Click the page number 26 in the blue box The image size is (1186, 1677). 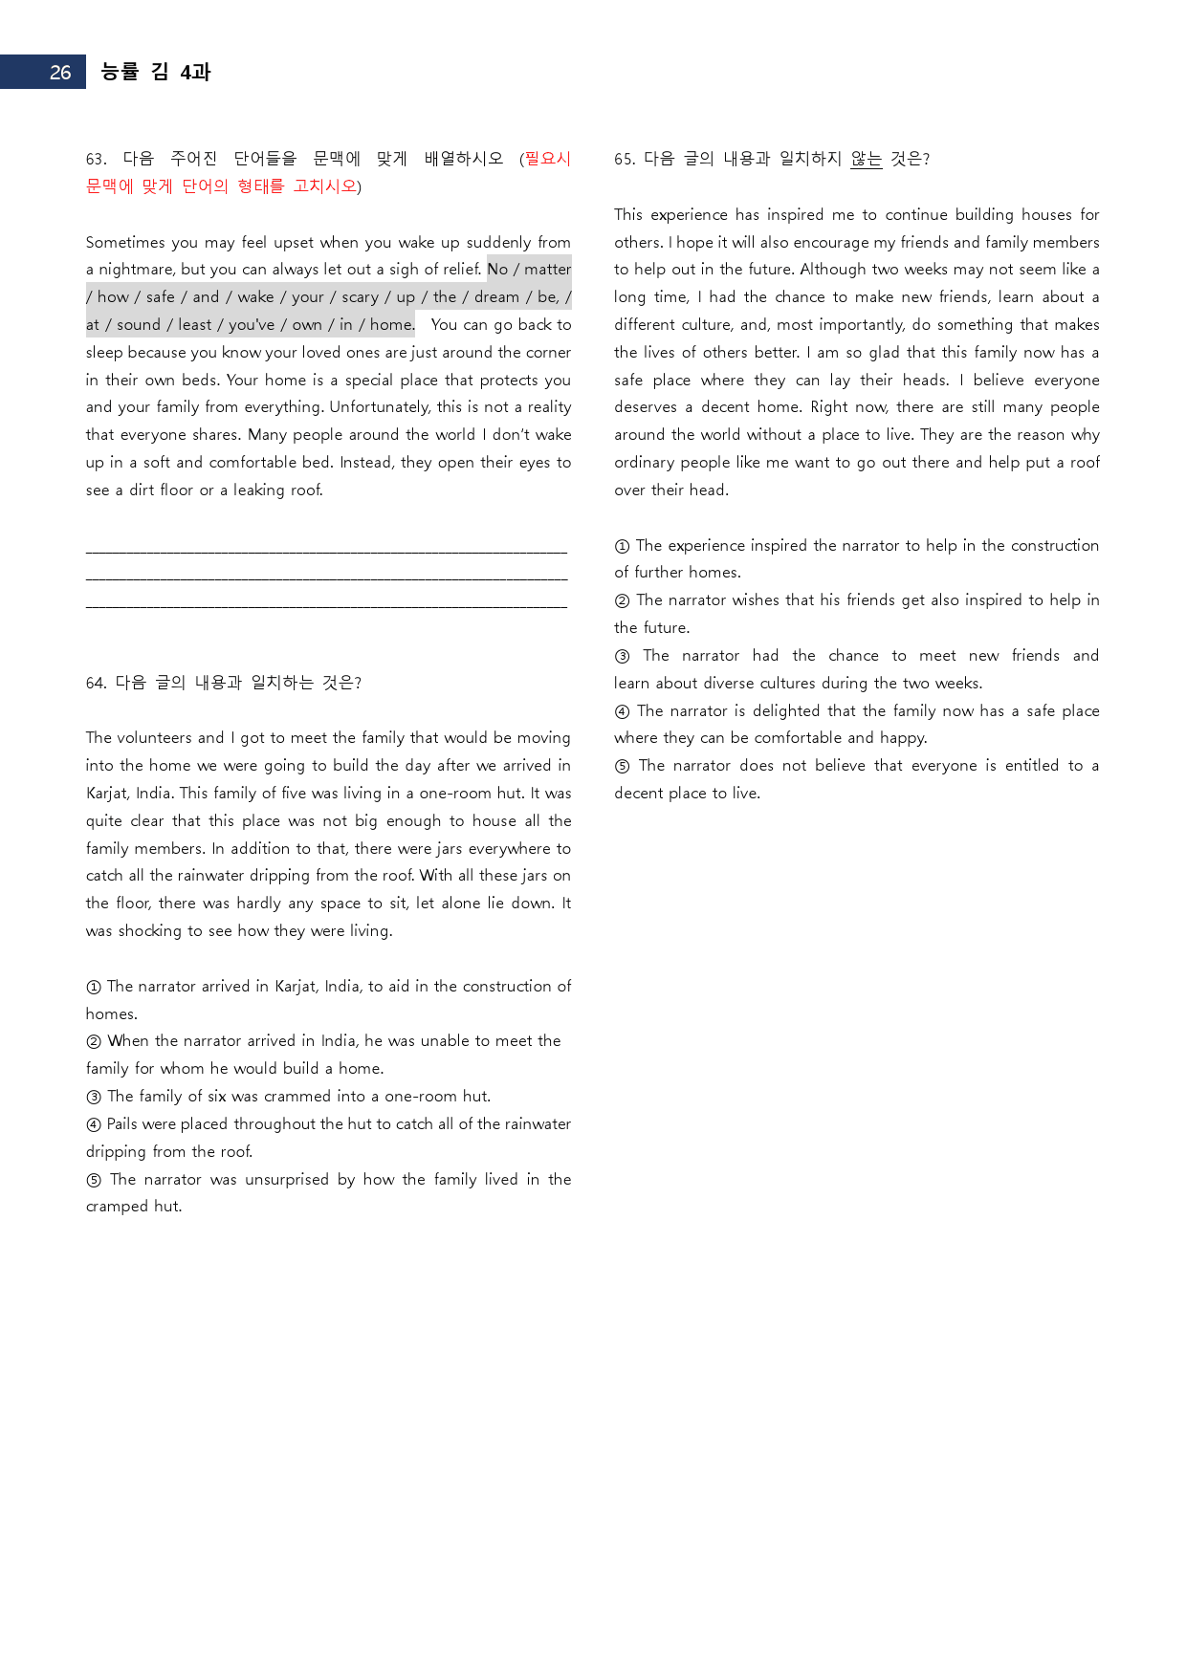point(60,73)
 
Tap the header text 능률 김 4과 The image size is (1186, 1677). point(155,72)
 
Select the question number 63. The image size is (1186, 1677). point(96,159)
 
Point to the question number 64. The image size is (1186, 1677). point(96,683)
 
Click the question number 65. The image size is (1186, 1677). point(625,159)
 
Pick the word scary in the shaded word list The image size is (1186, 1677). point(360,297)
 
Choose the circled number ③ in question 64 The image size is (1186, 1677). point(94,1097)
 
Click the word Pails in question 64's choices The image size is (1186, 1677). point(122,1124)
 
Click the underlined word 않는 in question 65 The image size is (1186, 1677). point(866,159)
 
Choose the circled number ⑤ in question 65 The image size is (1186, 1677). point(623,766)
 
